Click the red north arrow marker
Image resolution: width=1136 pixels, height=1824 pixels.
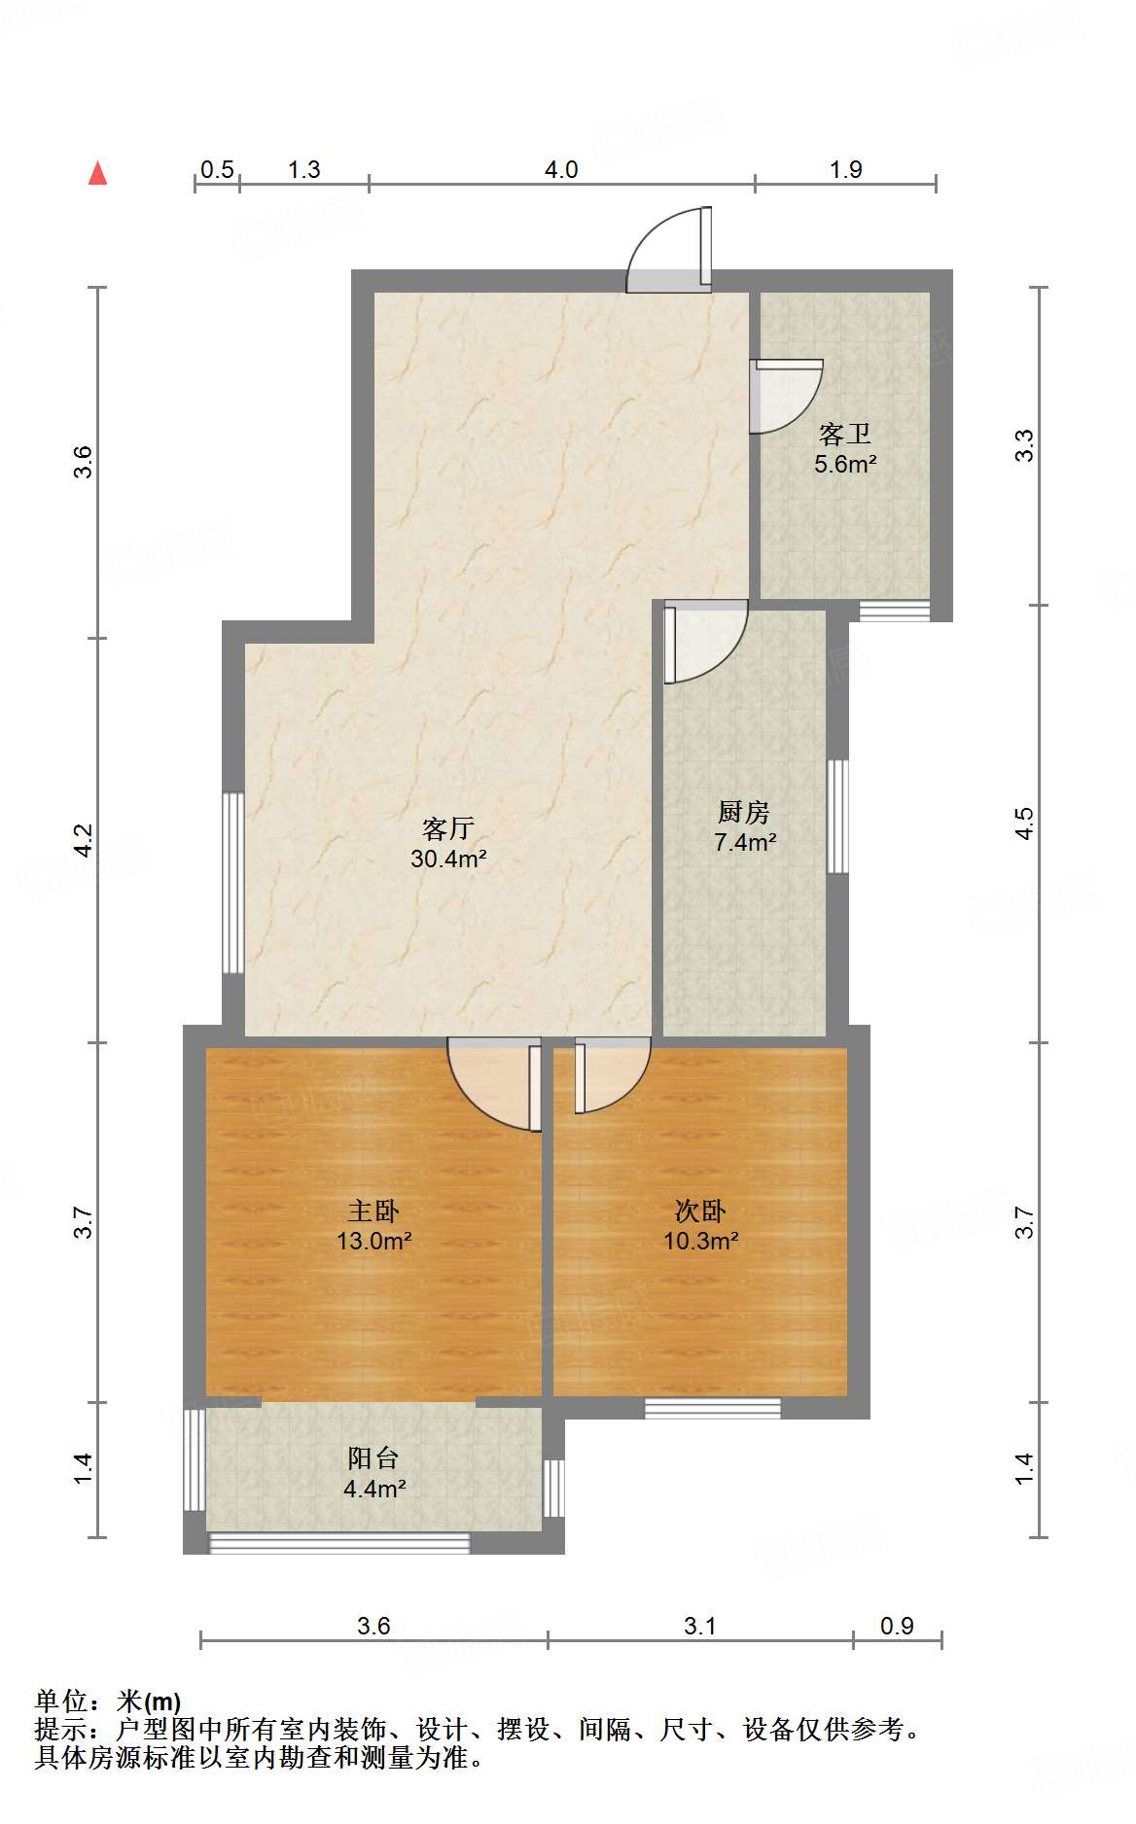pyautogui.click(x=97, y=173)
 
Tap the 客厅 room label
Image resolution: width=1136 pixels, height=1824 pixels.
pyautogui.click(x=447, y=828)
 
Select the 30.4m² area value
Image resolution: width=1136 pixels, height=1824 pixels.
pyautogui.click(x=447, y=859)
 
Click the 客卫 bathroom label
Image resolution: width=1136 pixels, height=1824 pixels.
pyautogui.click(x=844, y=434)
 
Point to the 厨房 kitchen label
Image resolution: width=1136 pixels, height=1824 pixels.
pyautogui.click(x=744, y=812)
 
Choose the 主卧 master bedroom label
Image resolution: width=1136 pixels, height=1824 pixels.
pyautogui.click(x=373, y=1211)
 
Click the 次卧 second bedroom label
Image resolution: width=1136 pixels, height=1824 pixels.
pyautogui.click(x=700, y=1211)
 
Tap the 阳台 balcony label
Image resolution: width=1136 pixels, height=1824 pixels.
pyautogui.click(x=373, y=1458)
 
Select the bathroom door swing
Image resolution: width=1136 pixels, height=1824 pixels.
pyautogui.click(x=784, y=397)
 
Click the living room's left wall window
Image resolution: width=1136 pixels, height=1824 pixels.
pyautogui.click(x=233, y=883)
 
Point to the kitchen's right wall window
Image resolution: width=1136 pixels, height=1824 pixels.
pyautogui.click(x=837, y=817)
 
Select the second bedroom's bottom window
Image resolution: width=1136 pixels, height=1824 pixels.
pyautogui.click(x=713, y=1408)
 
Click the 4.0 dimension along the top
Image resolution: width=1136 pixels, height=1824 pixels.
pyautogui.click(x=560, y=170)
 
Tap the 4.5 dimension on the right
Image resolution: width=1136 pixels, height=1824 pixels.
pyautogui.click(x=1024, y=824)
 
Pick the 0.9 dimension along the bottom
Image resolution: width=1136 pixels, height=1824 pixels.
pyautogui.click(x=897, y=1626)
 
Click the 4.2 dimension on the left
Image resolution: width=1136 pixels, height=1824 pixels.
pyautogui.click(x=85, y=840)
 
